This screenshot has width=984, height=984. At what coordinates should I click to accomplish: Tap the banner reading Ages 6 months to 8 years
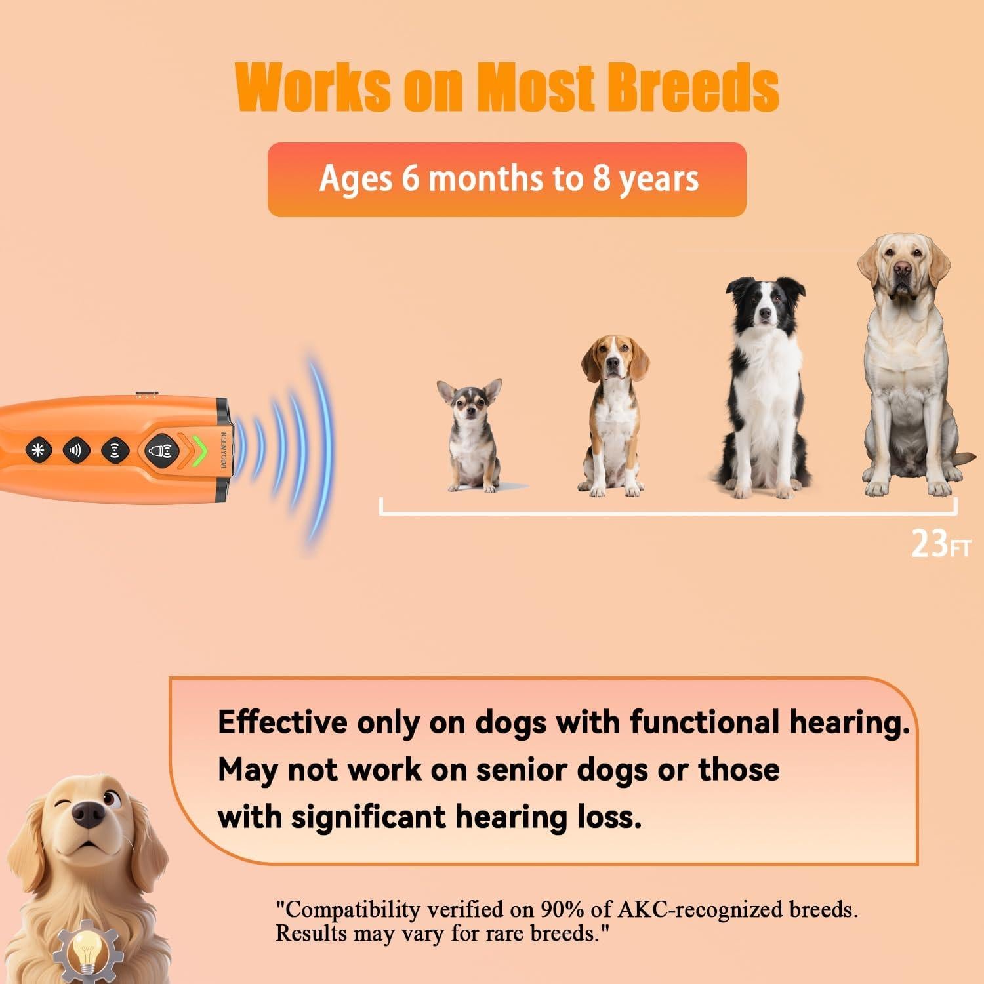point(506,179)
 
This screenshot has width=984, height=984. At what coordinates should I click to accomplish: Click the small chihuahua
point(469,434)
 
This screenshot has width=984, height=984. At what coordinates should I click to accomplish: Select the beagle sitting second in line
point(613,414)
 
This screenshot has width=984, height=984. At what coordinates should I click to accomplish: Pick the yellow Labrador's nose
point(903,268)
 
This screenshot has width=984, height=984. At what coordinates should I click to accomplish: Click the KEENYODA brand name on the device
point(223,450)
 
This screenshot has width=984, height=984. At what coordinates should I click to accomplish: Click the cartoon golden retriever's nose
point(88,814)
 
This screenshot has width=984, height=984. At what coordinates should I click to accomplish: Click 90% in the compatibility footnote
point(560,910)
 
